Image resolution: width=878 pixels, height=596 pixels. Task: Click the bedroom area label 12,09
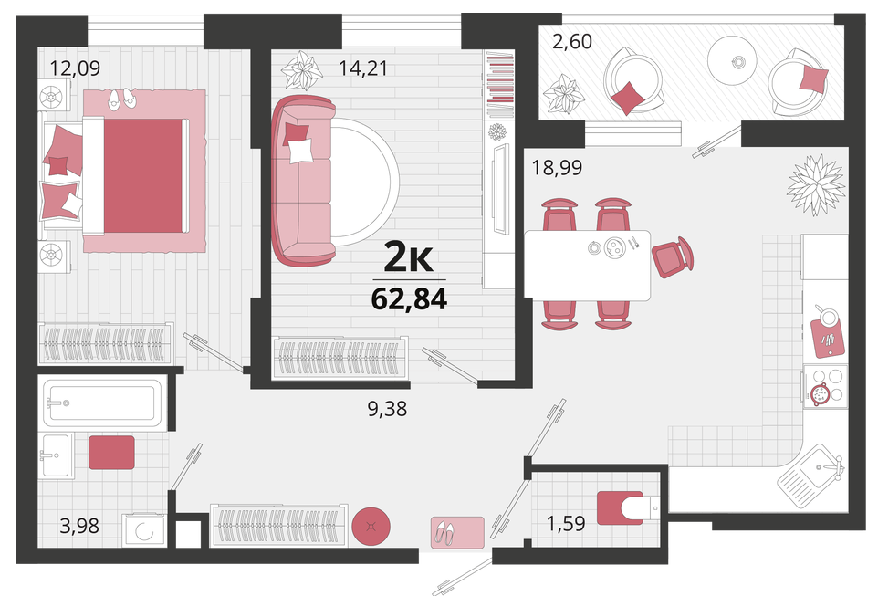point(75,68)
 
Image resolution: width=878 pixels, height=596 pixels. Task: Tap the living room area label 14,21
point(363,68)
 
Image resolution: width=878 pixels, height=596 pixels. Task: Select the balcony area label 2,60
point(571,41)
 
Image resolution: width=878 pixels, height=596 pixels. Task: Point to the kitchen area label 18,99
point(557,167)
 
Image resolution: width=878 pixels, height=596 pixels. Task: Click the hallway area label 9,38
point(387,409)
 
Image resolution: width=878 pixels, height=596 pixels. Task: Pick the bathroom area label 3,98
point(79,526)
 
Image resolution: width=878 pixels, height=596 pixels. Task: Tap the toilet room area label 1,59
point(566,524)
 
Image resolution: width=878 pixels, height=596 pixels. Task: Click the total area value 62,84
point(409,299)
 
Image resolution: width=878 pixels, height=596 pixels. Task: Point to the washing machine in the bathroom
point(144,530)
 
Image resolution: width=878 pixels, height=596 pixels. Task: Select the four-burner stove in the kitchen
point(825,385)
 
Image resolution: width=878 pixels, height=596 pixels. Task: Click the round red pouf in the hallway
point(371,526)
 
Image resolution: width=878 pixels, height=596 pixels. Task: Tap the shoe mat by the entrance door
point(457,532)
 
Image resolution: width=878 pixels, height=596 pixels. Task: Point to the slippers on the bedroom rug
point(121,98)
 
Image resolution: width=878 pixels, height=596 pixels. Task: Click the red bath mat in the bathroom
point(111,453)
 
